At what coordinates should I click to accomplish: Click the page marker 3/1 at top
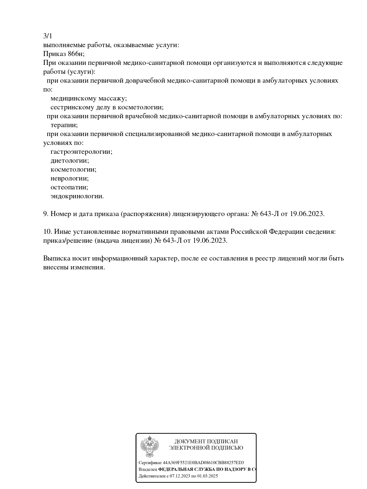click(47, 36)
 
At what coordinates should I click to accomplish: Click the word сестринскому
click(69, 107)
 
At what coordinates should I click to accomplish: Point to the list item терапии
click(64, 125)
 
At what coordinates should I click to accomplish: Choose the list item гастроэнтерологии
click(81, 152)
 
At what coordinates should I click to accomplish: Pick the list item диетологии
click(70, 161)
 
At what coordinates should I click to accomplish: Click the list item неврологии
click(70, 178)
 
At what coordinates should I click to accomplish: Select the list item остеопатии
click(69, 187)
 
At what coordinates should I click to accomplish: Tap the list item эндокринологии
click(77, 196)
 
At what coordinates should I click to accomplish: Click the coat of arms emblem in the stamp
click(149, 446)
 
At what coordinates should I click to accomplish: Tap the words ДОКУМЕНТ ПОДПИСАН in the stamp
click(206, 442)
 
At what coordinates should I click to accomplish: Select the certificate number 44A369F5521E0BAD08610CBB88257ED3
click(203, 463)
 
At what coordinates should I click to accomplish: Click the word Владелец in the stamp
click(148, 469)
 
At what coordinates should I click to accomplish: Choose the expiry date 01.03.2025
click(207, 476)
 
